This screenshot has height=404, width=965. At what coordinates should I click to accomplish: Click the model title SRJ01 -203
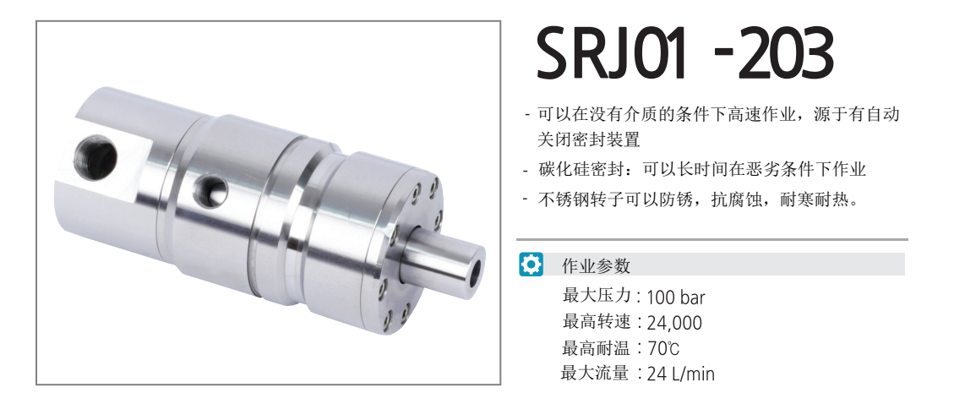[685, 54]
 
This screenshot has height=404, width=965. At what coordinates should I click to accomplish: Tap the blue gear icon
[531, 265]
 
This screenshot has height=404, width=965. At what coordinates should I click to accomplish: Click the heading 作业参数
[596, 266]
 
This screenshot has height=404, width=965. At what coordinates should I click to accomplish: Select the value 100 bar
[676, 298]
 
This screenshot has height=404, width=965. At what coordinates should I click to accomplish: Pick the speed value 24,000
[674, 324]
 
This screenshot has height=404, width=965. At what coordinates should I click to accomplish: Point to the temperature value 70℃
[663, 348]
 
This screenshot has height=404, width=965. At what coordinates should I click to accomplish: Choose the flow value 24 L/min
[681, 374]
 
